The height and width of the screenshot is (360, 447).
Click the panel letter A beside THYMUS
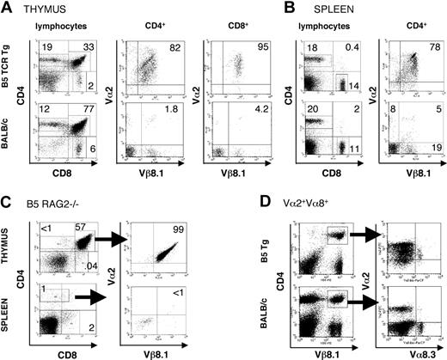click(x=7, y=8)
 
